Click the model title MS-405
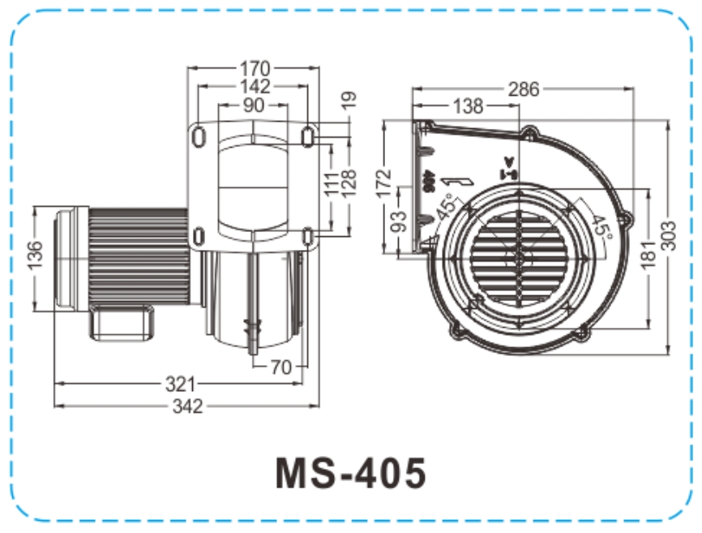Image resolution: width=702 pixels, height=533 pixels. (350, 473)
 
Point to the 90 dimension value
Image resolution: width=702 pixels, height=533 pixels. (254, 105)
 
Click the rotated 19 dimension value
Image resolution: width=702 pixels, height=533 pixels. (349, 101)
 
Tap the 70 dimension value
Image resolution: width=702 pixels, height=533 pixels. (280, 368)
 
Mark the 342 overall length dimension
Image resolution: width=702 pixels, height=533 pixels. (186, 406)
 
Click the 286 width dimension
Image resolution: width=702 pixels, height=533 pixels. (523, 89)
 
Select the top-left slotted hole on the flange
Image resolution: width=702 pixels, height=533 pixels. (199, 136)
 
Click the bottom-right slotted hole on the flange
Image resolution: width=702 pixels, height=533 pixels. (308, 235)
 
